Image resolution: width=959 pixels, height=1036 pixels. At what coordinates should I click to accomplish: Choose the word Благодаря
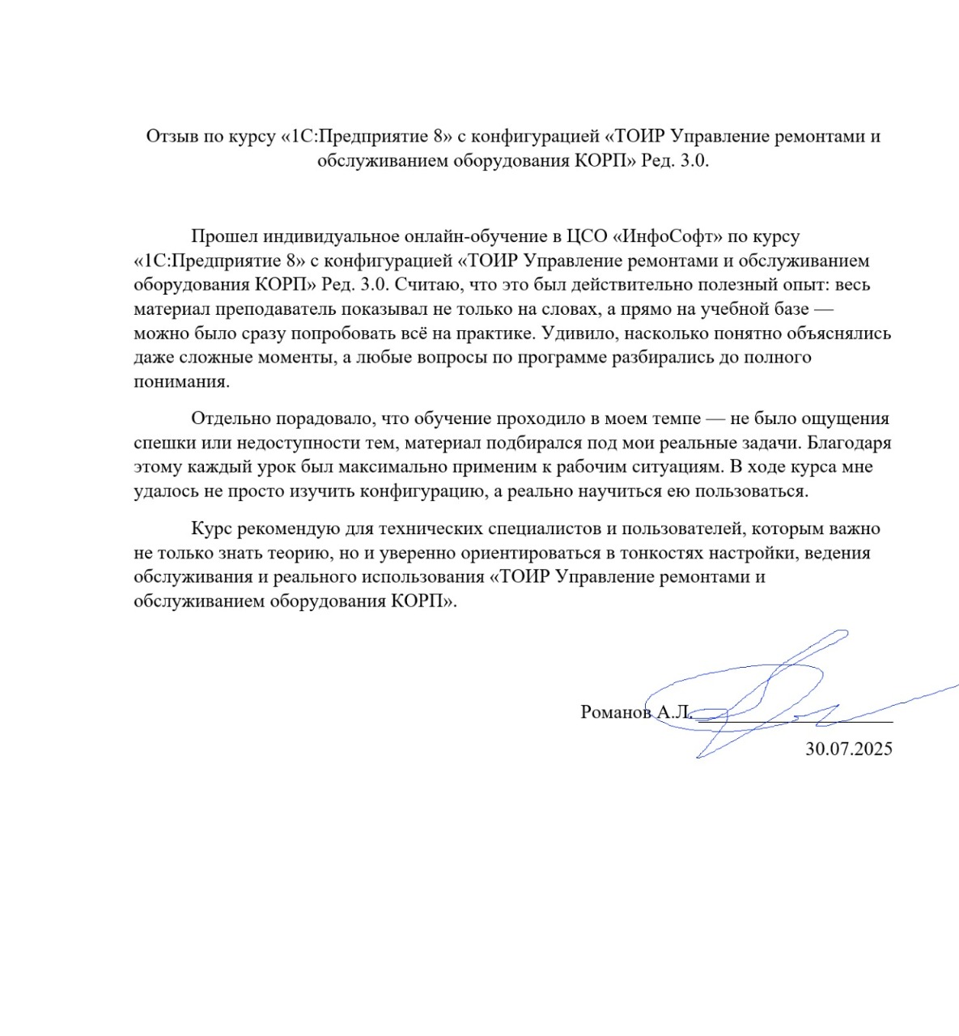tap(849, 443)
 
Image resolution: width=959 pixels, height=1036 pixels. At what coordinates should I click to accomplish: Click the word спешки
tap(162, 443)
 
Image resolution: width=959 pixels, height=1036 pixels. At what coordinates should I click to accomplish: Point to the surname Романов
tap(616, 712)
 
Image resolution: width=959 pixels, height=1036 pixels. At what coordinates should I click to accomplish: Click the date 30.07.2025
tap(849, 749)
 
